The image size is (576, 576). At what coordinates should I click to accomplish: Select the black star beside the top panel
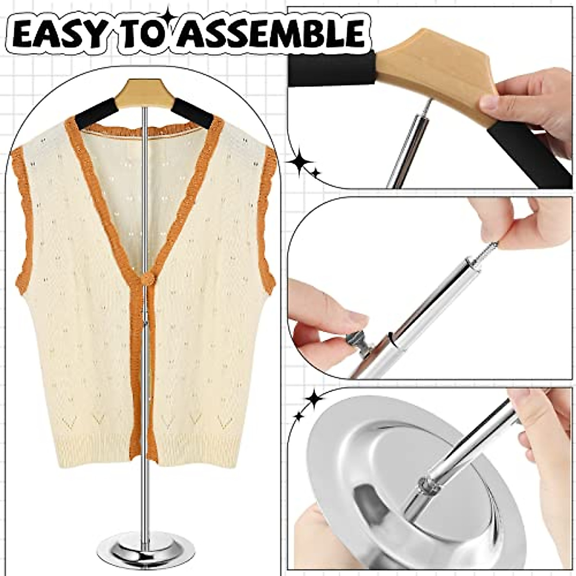300,163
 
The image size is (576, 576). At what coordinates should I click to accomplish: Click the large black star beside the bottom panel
314,399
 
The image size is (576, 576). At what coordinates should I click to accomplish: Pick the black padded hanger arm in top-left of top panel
331,70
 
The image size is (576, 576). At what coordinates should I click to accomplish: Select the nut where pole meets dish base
429,486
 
